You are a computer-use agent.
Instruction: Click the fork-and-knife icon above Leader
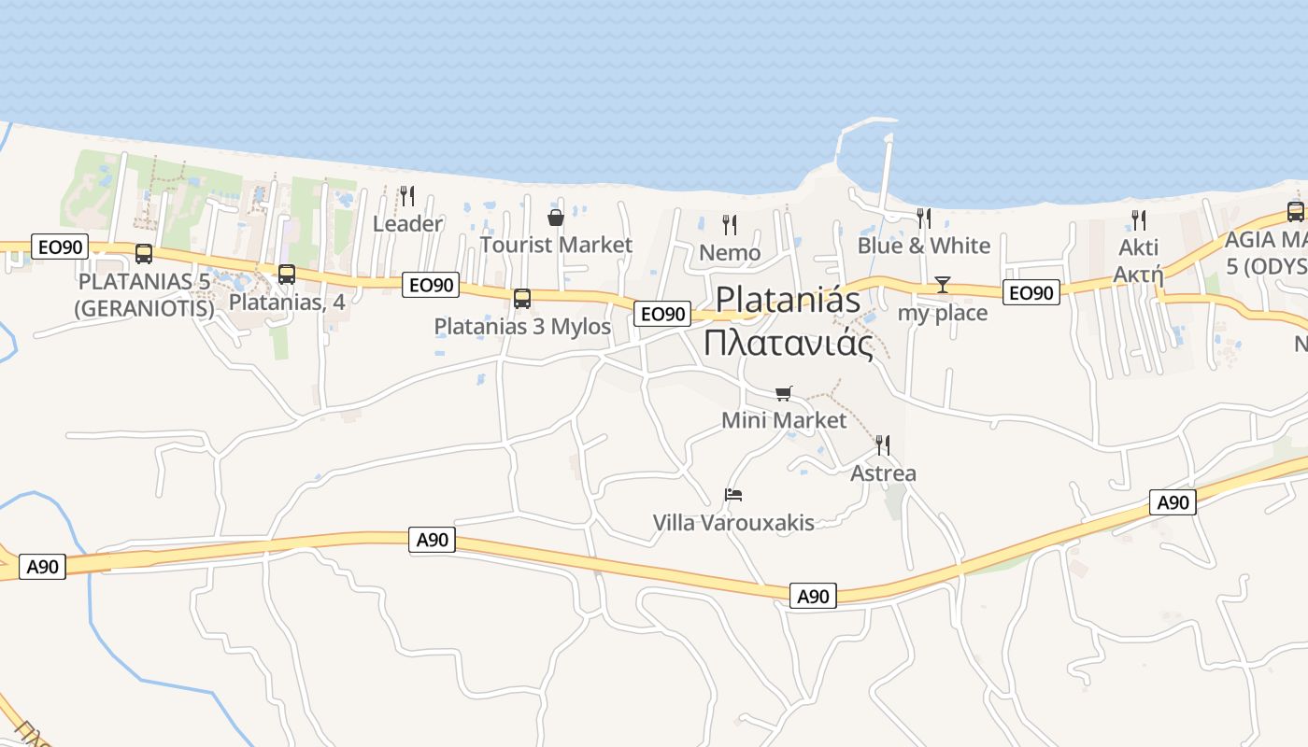407,196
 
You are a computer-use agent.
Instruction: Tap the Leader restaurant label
407,224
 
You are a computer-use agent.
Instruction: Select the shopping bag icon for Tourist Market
556,218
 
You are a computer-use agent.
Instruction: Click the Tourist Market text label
556,246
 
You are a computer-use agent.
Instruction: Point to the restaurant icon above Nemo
730,224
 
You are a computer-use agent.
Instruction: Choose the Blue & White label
924,246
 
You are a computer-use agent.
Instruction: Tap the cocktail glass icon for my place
942,285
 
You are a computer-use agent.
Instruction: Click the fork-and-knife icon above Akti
1139,219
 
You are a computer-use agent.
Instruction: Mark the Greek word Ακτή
1138,275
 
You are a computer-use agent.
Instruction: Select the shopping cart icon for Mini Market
783,393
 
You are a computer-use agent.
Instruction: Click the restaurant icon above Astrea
882,444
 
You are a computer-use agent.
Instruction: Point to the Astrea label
883,473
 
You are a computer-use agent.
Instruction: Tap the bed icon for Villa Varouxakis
733,494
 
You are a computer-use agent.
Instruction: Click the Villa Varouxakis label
733,523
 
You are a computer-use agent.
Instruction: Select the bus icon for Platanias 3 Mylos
522,299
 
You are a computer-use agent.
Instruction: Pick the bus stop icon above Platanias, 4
287,275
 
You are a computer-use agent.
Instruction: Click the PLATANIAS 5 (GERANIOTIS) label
146,294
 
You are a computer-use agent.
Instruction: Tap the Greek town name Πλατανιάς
789,344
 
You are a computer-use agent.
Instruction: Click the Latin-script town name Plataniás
788,300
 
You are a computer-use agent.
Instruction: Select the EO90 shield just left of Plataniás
662,314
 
